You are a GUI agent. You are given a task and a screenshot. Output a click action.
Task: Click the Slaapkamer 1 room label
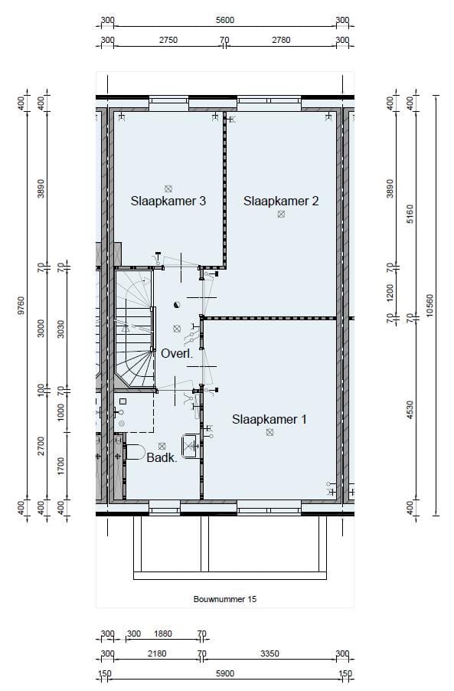[269, 419]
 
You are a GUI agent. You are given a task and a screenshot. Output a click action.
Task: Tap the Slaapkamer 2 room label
[281, 201]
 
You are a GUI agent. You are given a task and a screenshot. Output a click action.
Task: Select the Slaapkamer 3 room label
[168, 201]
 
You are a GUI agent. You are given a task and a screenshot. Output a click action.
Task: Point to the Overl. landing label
[175, 353]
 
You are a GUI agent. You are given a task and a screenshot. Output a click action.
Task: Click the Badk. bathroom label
[162, 458]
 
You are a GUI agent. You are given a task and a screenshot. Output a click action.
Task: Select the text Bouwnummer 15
[224, 599]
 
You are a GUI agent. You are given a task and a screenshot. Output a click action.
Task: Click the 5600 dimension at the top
[224, 21]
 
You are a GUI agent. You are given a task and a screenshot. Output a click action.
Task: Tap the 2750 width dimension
[168, 40]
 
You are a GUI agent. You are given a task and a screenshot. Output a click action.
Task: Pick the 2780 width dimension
[281, 40]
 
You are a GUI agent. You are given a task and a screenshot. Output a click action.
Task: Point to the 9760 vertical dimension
[21, 306]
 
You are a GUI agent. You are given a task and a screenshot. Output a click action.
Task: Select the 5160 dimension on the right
[410, 214]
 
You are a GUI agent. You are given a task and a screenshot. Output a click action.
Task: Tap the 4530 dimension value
[410, 412]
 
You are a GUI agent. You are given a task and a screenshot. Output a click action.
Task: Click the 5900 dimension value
[224, 673]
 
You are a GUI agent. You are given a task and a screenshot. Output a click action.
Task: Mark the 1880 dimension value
[163, 634]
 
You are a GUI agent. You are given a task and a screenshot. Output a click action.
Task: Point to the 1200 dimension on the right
[390, 292]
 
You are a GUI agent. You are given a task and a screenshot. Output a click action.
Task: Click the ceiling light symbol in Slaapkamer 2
[281, 215]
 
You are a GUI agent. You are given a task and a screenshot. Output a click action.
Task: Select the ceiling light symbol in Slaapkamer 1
[269, 433]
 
